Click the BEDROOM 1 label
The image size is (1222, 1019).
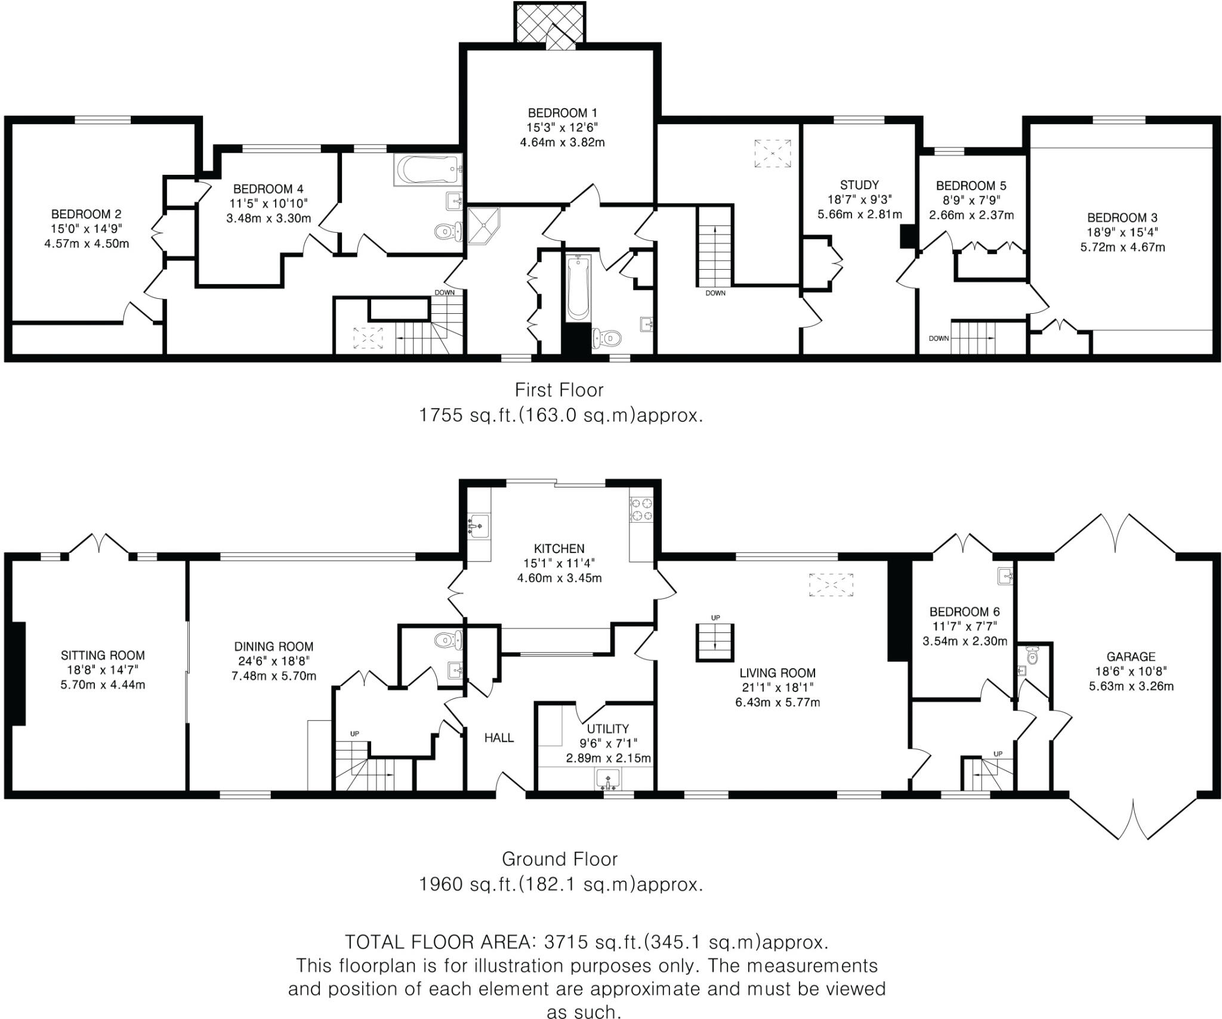click(x=561, y=113)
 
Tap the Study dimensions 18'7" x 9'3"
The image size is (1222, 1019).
click(x=859, y=200)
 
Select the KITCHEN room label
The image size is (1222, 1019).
click(x=558, y=548)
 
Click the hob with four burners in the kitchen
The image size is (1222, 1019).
click(x=642, y=508)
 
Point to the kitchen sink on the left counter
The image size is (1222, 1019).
click(x=479, y=525)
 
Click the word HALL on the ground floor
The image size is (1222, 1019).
click(x=499, y=738)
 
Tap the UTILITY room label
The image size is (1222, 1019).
click(x=607, y=728)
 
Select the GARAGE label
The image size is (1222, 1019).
click(x=1131, y=656)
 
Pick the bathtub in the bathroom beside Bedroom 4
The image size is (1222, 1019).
click(x=427, y=170)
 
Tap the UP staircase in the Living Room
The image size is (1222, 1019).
click(x=715, y=642)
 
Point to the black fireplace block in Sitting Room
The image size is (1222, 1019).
click(x=18, y=673)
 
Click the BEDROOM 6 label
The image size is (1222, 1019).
click(x=964, y=612)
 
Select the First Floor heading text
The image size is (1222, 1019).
click(x=559, y=390)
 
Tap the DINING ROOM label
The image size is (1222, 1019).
click(x=273, y=646)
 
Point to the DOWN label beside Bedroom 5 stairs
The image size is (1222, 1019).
click(x=938, y=338)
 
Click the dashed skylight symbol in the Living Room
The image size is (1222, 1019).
click(x=831, y=585)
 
